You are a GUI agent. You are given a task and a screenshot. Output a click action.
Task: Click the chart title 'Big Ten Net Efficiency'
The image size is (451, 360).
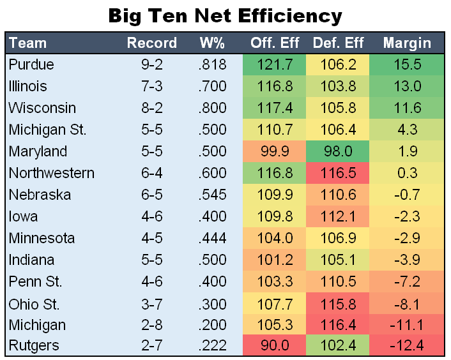(225, 15)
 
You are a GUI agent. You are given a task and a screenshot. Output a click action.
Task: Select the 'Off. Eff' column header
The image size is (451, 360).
(274, 43)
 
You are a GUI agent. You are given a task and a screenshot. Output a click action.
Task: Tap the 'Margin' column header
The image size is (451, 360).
(407, 43)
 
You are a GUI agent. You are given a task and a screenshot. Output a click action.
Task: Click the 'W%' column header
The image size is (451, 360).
(212, 43)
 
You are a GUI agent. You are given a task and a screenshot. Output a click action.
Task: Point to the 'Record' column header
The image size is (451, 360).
(152, 43)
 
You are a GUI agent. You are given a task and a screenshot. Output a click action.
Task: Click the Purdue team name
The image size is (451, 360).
(31, 65)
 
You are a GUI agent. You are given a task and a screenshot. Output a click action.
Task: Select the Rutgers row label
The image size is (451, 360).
(34, 346)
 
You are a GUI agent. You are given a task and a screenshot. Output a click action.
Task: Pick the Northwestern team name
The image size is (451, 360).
(52, 174)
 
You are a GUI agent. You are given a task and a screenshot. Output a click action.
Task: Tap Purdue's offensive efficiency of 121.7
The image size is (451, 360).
(274, 65)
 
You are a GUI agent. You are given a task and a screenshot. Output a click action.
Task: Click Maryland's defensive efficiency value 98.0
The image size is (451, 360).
(338, 152)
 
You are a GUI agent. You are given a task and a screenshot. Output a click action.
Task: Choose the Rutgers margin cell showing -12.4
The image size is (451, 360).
(407, 346)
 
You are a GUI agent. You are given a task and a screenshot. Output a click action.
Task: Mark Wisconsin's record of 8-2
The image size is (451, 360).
(152, 109)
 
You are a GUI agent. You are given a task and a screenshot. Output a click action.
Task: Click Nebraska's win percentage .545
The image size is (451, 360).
(212, 195)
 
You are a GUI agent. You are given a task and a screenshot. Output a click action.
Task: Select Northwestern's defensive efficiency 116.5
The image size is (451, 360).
(338, 174)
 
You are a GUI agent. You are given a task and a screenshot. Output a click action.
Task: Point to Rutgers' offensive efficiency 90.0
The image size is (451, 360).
(274, 346)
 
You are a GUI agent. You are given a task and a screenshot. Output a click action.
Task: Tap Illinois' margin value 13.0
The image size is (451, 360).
(407, 87)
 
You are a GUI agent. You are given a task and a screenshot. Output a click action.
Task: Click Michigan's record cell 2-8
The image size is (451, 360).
(152, 324)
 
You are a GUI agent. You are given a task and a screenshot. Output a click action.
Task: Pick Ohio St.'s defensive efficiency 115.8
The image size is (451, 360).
(338, 303)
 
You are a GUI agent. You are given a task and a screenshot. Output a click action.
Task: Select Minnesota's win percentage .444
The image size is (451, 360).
(212, 238)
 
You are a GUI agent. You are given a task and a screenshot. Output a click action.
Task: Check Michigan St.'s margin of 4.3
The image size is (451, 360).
(407, 130)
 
